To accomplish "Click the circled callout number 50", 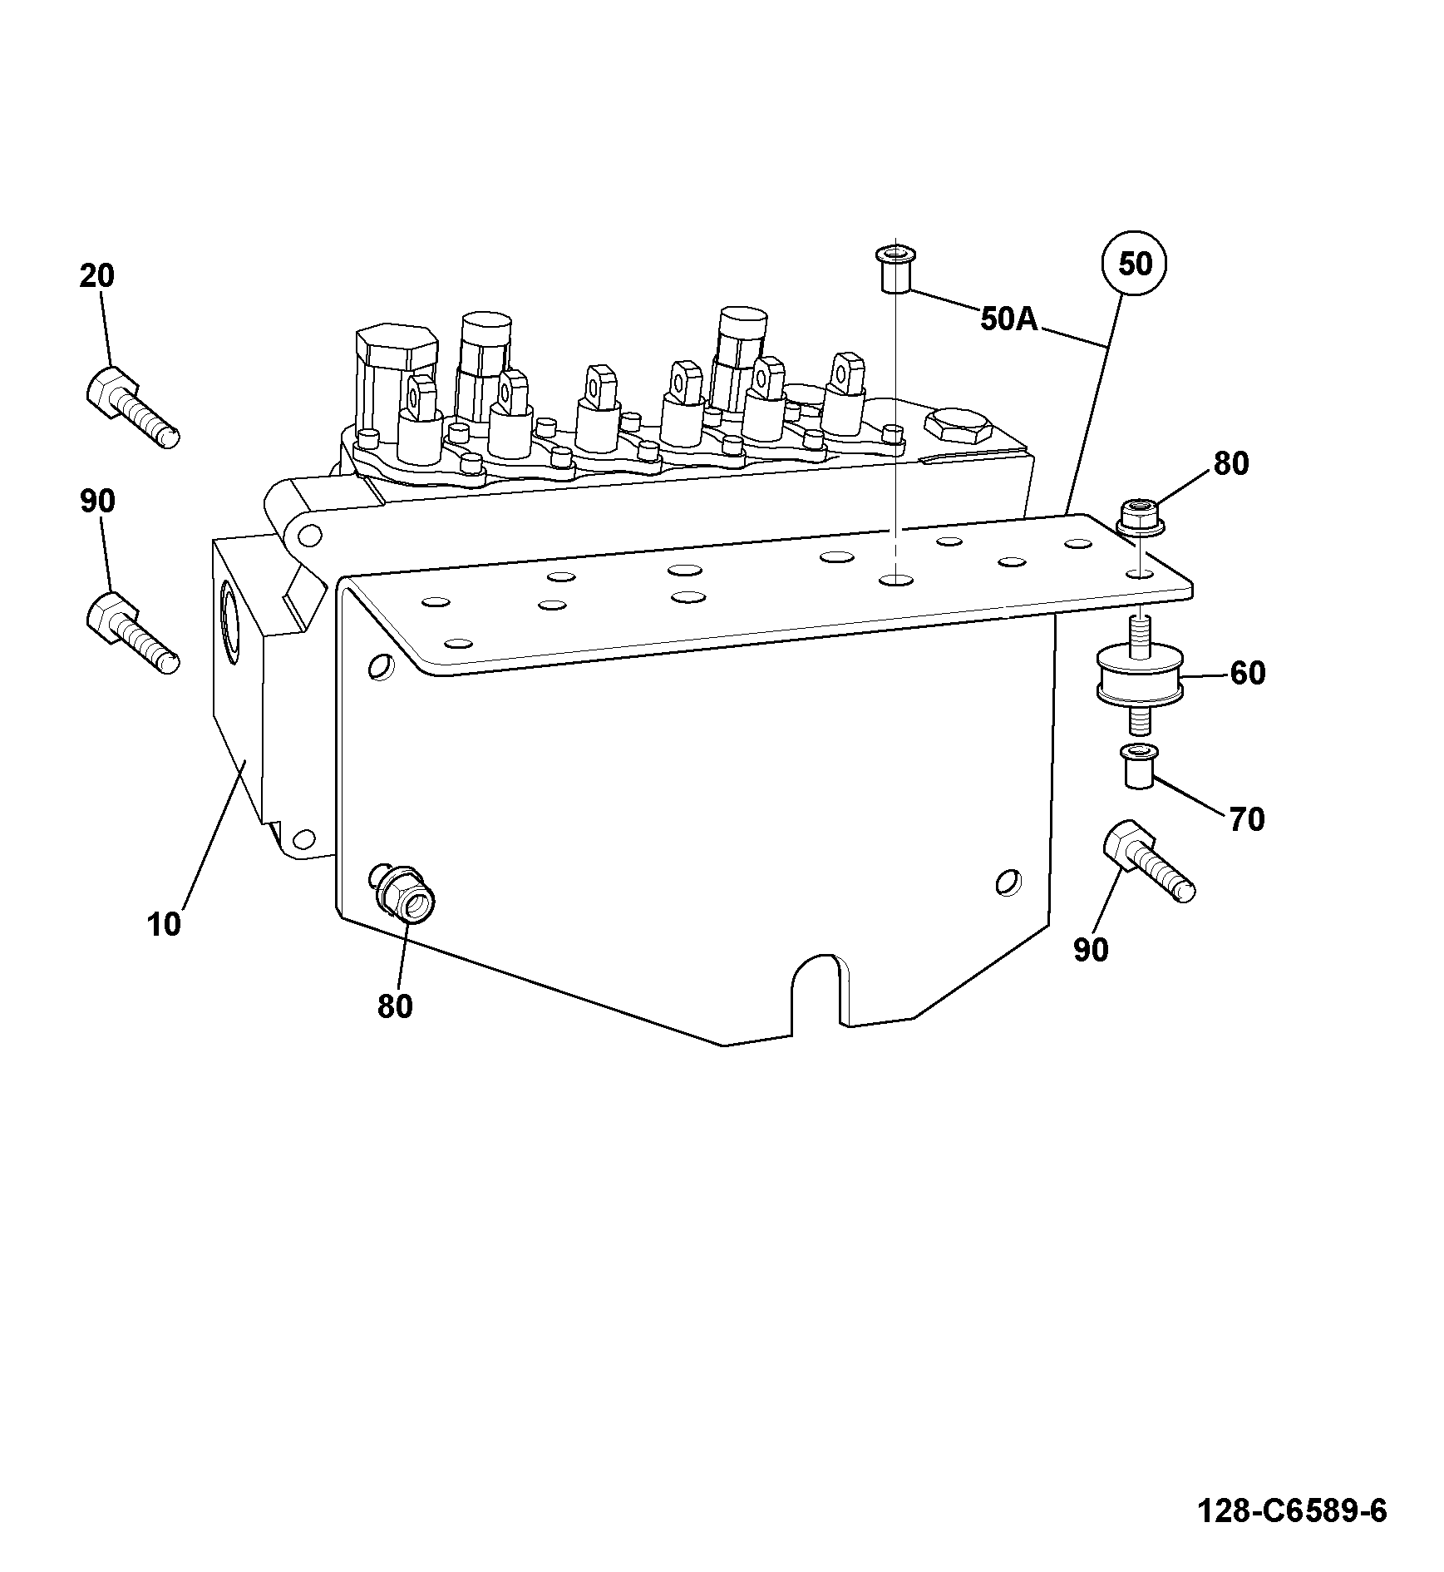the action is pyautogui.click(x=1135, y=264).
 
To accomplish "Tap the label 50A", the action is pyautogui.click(x=1009, y=319).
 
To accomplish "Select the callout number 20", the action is pyautogui.click(x=96, y=276).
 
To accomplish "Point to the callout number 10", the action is pyautogui.click(x=164, y=924).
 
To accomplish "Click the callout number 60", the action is pyautogui.click(x=1247, y=673).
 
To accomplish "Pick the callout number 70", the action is pyautogui.click(x=1246, y=819).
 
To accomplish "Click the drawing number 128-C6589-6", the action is pyautogui.click(x=1292, y=1510).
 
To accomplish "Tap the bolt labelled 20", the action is pyautogui.click(x=131, y=408).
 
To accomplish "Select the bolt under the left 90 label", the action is pyautogui.click(x=131, y=633).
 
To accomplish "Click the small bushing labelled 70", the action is pyautogui.click(x=1137, y=766).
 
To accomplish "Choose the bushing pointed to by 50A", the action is pyautogui.click(x=894, y=269).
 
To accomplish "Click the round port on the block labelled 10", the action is pyautogui.click(x=229, y=622).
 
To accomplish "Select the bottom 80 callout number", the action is pyautogui.click(x=395, y=1006).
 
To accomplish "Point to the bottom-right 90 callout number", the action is pyautogui.click(x=1091, y=949).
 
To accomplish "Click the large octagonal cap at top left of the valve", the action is pyautogui.click(x=395, y=347).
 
